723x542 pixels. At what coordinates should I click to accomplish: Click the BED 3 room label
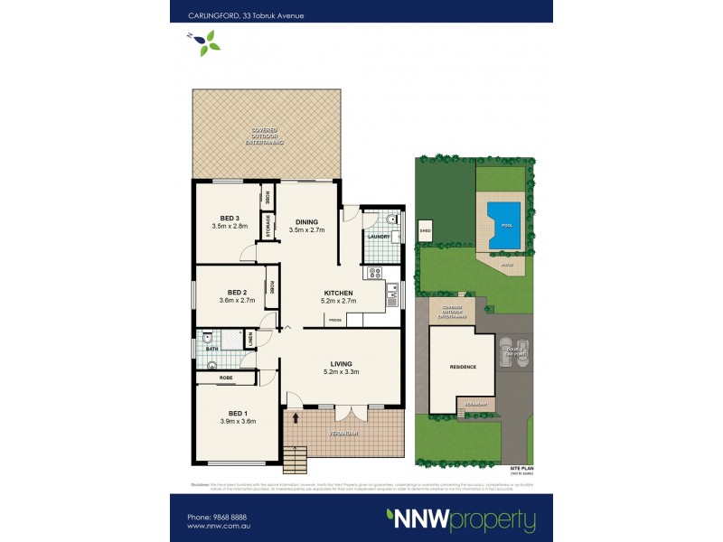pyautogui.click(x=229, y=218)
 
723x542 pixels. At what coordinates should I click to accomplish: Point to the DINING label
pyautogui.click(x=306, y=221)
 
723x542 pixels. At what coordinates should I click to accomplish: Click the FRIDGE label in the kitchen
pyautogui.click(x=334, y=320)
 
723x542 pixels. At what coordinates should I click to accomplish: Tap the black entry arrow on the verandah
pyautogui.click(x=296, y=416)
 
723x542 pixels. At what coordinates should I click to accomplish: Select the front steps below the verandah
pyautogui.click(x=296, y=458)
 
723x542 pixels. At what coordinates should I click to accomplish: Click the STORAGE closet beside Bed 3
pyautogui.click(x=268, y=226)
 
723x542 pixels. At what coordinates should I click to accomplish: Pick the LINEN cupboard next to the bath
pyautogui.click(x=250, y=340)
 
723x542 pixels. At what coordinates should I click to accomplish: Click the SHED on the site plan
pyautogui.click(x=425, y=230)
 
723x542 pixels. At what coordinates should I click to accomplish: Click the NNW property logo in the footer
pyautogui.click(x=461, y=520)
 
